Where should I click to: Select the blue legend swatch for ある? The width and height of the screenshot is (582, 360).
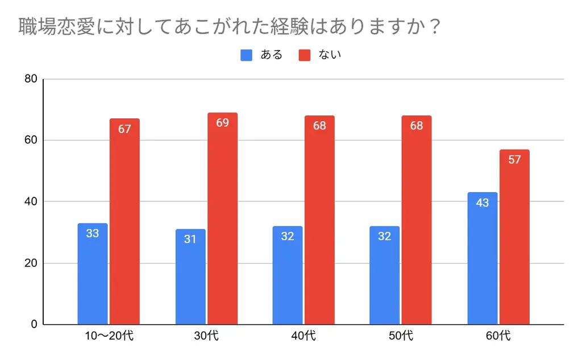point(246,55)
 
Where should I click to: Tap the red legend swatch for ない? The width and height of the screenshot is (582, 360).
point(305,55)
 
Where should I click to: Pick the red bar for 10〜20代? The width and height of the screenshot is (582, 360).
point(124,222)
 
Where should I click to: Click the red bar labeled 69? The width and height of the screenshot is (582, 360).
point(222,219)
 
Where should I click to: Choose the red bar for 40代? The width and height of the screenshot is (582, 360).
point(319,221)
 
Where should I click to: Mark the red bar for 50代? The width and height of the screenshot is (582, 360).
point(417,221)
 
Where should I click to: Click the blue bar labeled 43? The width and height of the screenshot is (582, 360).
point(483,259)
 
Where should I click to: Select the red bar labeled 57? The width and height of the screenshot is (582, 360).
point(514,237)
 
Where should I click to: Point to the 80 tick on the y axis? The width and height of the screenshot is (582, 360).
point(31,79)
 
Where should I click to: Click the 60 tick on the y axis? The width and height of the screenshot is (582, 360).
point(31,140)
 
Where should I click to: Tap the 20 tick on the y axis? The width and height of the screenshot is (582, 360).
point(31,263)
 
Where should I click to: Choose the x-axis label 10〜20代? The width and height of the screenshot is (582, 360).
point(109,336)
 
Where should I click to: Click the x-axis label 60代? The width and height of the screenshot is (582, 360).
point(498,336)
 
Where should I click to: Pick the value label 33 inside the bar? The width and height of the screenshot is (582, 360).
point(93,233)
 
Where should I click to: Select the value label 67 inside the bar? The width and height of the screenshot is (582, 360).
point(124,129)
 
